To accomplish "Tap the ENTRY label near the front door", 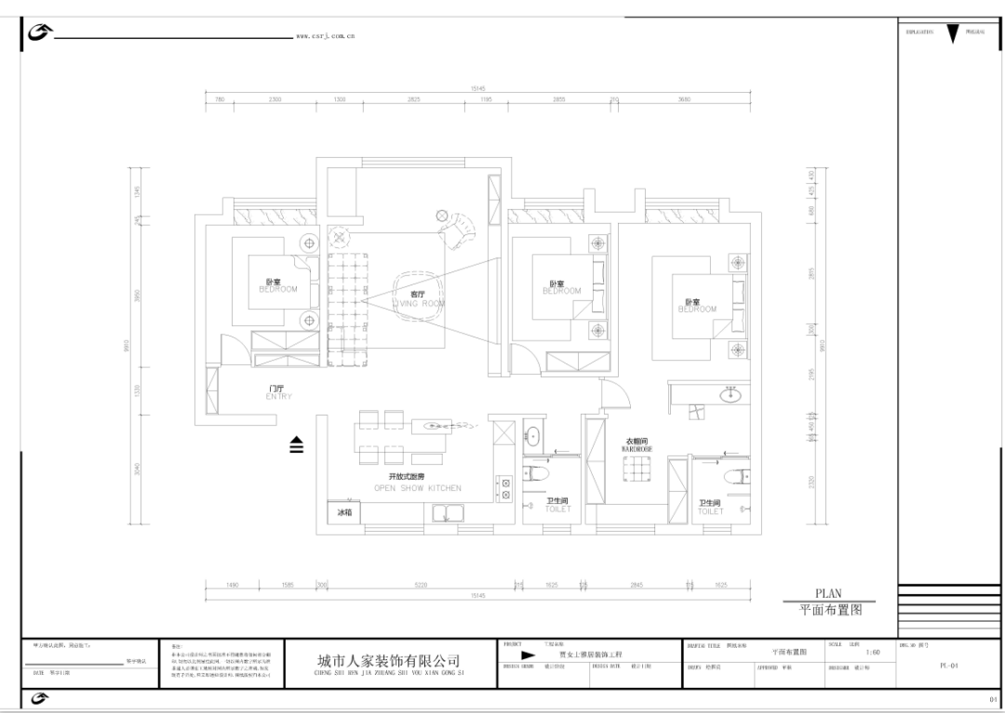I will click(278, 397).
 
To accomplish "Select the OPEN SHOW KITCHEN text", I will click(417, 487).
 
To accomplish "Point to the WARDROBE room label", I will click(636, 448).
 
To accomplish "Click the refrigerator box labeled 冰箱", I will click(344, 512).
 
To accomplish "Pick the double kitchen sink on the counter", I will click(448, 513).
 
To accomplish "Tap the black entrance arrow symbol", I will click(296, 445).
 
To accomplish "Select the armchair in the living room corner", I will click(460, 229).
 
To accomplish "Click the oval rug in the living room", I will click(416, 296).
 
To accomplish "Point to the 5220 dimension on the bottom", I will click(420, 585).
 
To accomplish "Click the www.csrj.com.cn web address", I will click(325, 36).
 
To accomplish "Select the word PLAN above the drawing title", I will click(828, 593).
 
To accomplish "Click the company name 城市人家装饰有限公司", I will click(389, 660).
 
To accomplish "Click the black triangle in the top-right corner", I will click(952, 34).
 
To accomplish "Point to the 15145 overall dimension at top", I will click(478, 89).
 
